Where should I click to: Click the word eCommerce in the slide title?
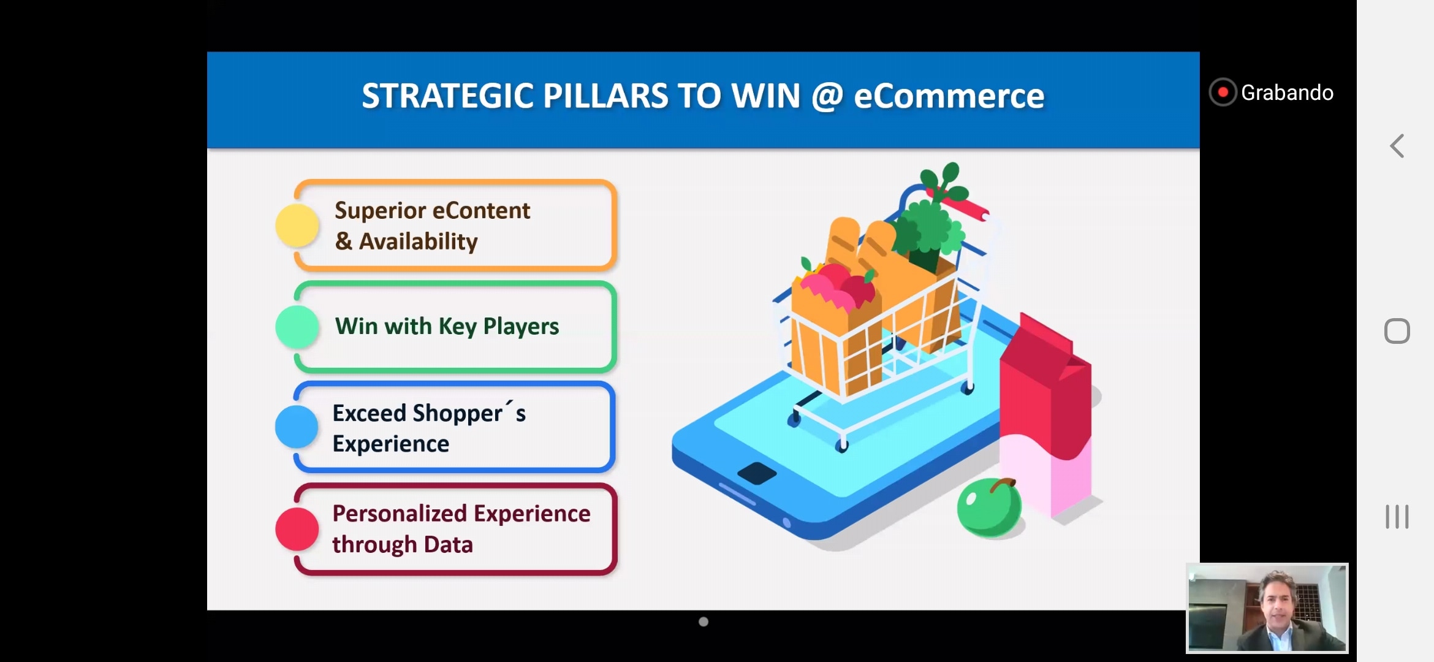point(949,96)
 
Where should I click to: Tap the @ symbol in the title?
point(827,97)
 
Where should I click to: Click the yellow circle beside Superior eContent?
point(297,226)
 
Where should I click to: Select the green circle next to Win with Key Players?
point(297,327)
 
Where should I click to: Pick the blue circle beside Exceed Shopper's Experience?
point(297,427)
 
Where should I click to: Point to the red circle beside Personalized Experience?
point(297,528)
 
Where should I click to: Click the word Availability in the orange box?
point(418,242)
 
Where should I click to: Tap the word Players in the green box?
point(521,327)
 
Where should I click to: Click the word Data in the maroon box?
point(448,544)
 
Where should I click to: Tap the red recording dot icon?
point(1223,93)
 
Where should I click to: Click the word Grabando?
point(1287,93)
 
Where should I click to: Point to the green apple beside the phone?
point(989,508)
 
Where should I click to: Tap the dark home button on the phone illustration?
point(757,473)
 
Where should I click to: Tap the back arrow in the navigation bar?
point(1397,146)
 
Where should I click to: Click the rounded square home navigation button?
point(1397,331)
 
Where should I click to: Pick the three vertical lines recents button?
point(1397,517)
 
